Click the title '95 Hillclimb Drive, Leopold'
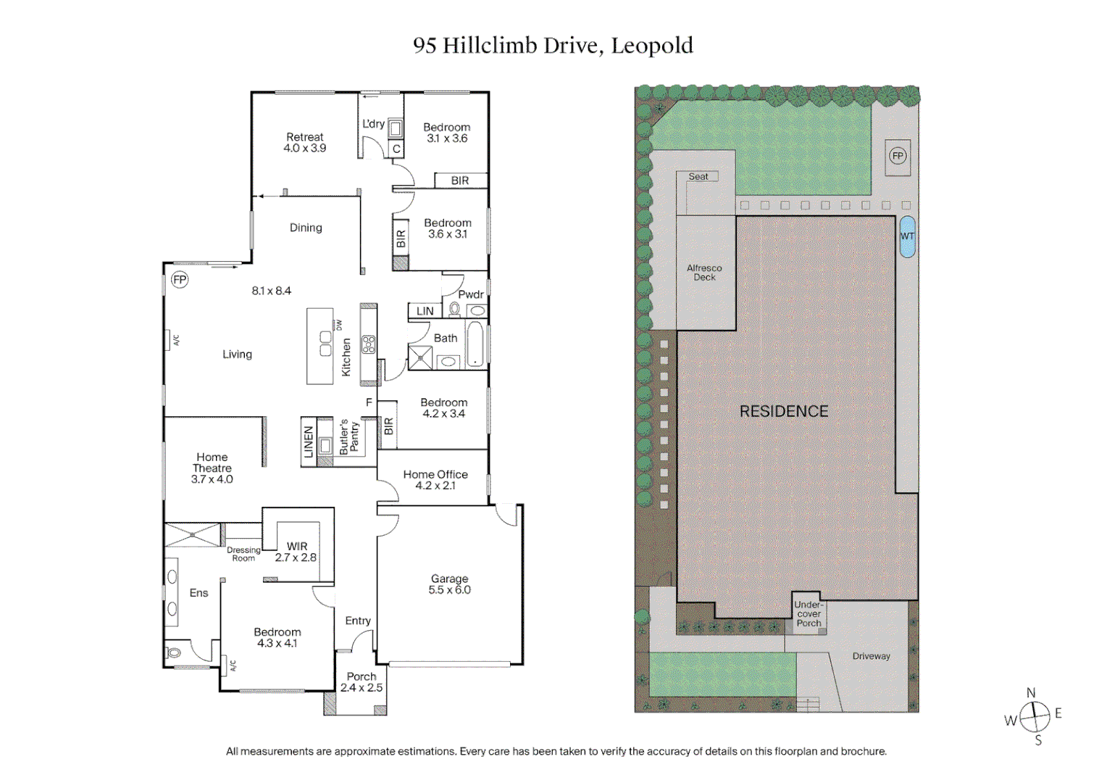click(x=553, y=46)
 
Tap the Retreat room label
click(x=305, y=142)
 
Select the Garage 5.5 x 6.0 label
click(x=449, y=584)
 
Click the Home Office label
click(x=435, y=479)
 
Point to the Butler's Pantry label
click(x=348, y=437)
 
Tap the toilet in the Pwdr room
click(x=454, y=310)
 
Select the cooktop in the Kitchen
click(x=369, y=344)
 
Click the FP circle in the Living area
click(x=179, y=280)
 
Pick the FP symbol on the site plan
click(x=898, y=156)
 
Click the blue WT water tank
click(x=907, y=236)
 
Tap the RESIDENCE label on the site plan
click(x=784, y=411)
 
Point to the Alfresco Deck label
click(x=704, y=273)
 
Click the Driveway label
click(x=871, y=656)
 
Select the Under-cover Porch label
click(x=809, y=613)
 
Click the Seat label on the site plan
click(x=698, y=176)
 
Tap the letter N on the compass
click(x=1031, y=693)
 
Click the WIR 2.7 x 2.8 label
click(x=296, y=552)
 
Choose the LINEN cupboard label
click(x=309, y=442)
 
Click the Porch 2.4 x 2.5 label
click(x=362, y=682)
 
